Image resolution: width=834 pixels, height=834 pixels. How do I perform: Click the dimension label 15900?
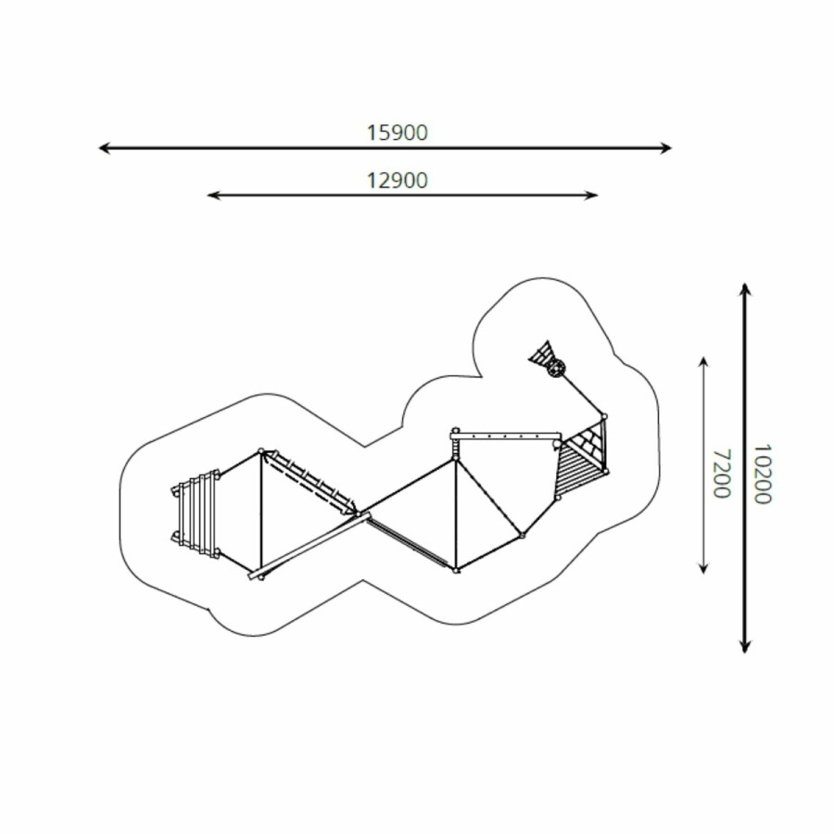pyautogui.click(x=397, y=133)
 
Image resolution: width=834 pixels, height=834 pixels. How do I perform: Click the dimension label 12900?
pyautogui.click(x=397, y=181)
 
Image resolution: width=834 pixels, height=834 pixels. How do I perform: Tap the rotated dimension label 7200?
pyautogui.click(x=721, y=474)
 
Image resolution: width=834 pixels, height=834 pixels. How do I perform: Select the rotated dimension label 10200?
pyautogui.click(x=763, y=474)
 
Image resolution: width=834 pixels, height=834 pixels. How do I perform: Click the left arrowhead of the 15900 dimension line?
pyautogui.click(x=104, y=148)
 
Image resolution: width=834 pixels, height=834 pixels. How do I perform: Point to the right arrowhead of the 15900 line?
pyautogui.click(x=666, y=148)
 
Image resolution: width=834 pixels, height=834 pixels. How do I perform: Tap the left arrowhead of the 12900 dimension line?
pyautogui.click(x=213, y=196)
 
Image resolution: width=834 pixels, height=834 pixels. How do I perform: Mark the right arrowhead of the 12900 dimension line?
pyautogui.click(x=591, y=196)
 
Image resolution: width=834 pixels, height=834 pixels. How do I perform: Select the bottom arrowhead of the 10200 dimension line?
pyautogui.click(x=745, y=646)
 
